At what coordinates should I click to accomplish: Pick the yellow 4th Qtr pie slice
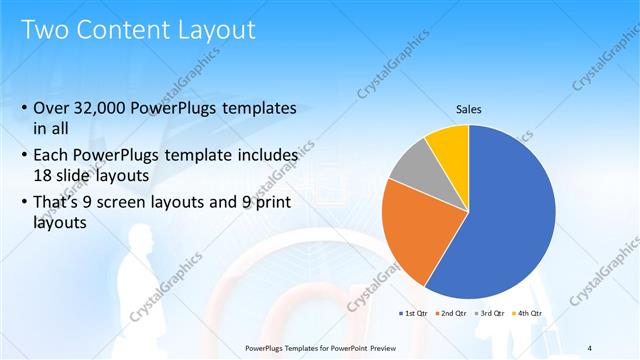449,144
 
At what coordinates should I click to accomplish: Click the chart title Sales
469,109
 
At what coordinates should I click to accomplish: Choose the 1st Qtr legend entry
414,313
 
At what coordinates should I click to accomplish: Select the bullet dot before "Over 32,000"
24,108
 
